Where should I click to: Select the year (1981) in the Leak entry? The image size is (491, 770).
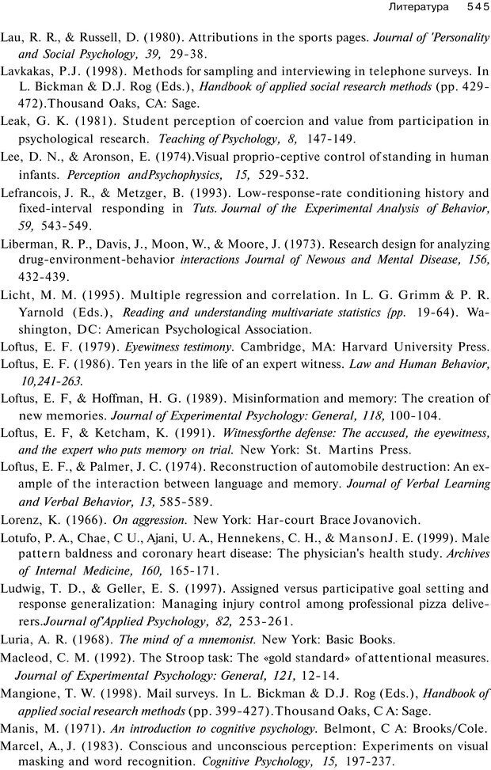[97, 121]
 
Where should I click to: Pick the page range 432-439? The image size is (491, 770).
[44, 277]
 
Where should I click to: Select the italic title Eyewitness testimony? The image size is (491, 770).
[178, 346]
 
